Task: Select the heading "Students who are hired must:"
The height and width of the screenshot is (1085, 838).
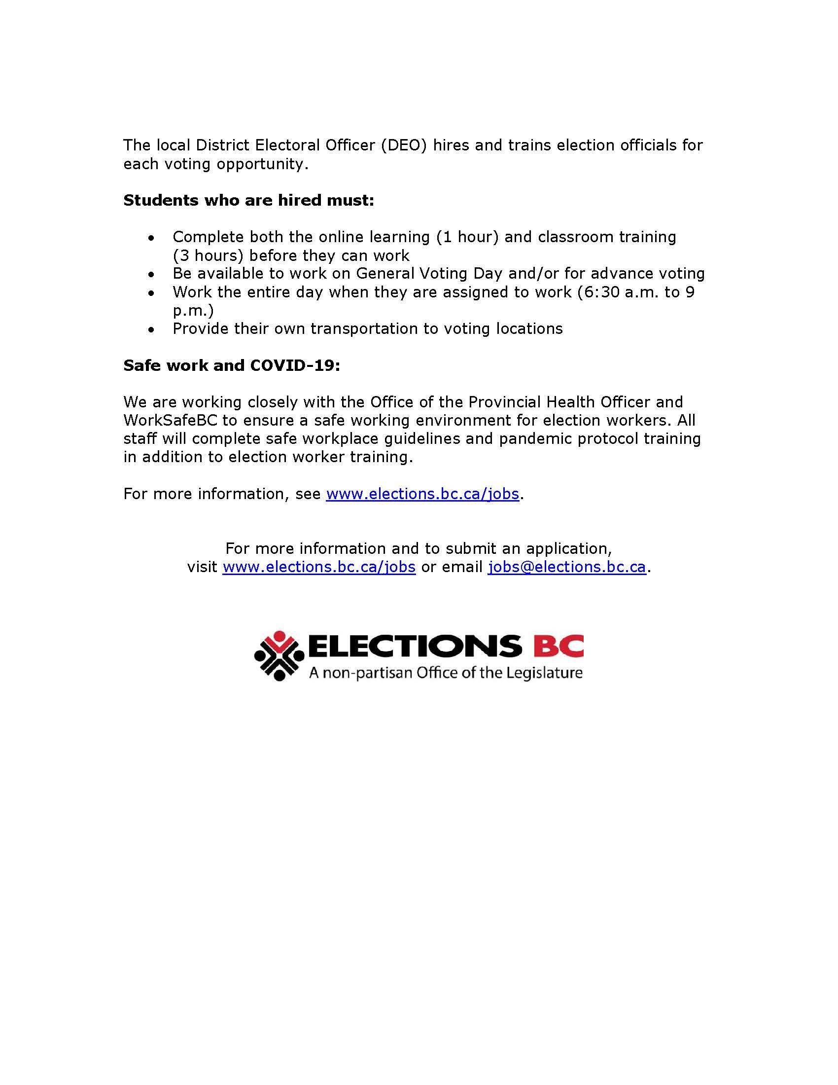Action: [x=249, y=200]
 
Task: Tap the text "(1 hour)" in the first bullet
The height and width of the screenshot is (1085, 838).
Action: [x=467, y=237]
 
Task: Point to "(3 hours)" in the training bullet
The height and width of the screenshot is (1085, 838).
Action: [x=208, y=255]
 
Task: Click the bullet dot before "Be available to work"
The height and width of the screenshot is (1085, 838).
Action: [x=151, y=274]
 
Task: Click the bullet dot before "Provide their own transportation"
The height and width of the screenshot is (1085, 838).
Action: [x=151, y=329]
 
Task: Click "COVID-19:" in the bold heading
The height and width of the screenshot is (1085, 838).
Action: [x=295, y=365]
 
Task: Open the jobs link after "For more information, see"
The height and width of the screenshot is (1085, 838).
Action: [x=422, y=494]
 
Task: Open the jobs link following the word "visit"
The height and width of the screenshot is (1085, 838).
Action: [x=319, y=567]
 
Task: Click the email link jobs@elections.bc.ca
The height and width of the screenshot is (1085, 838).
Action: [x=567, y=567]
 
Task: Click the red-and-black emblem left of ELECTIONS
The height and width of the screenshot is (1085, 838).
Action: [x=279, y=655]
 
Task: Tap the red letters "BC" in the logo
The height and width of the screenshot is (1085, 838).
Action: [x=559, y=646]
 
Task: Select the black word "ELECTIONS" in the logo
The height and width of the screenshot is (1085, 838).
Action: [x=416, y=646]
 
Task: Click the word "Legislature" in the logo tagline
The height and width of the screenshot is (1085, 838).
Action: [x=544, y=673]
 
